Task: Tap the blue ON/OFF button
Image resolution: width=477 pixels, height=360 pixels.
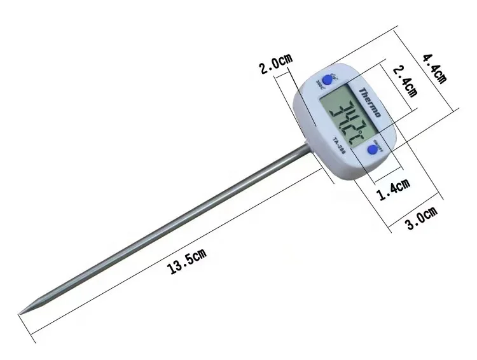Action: (x=372, y=150)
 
